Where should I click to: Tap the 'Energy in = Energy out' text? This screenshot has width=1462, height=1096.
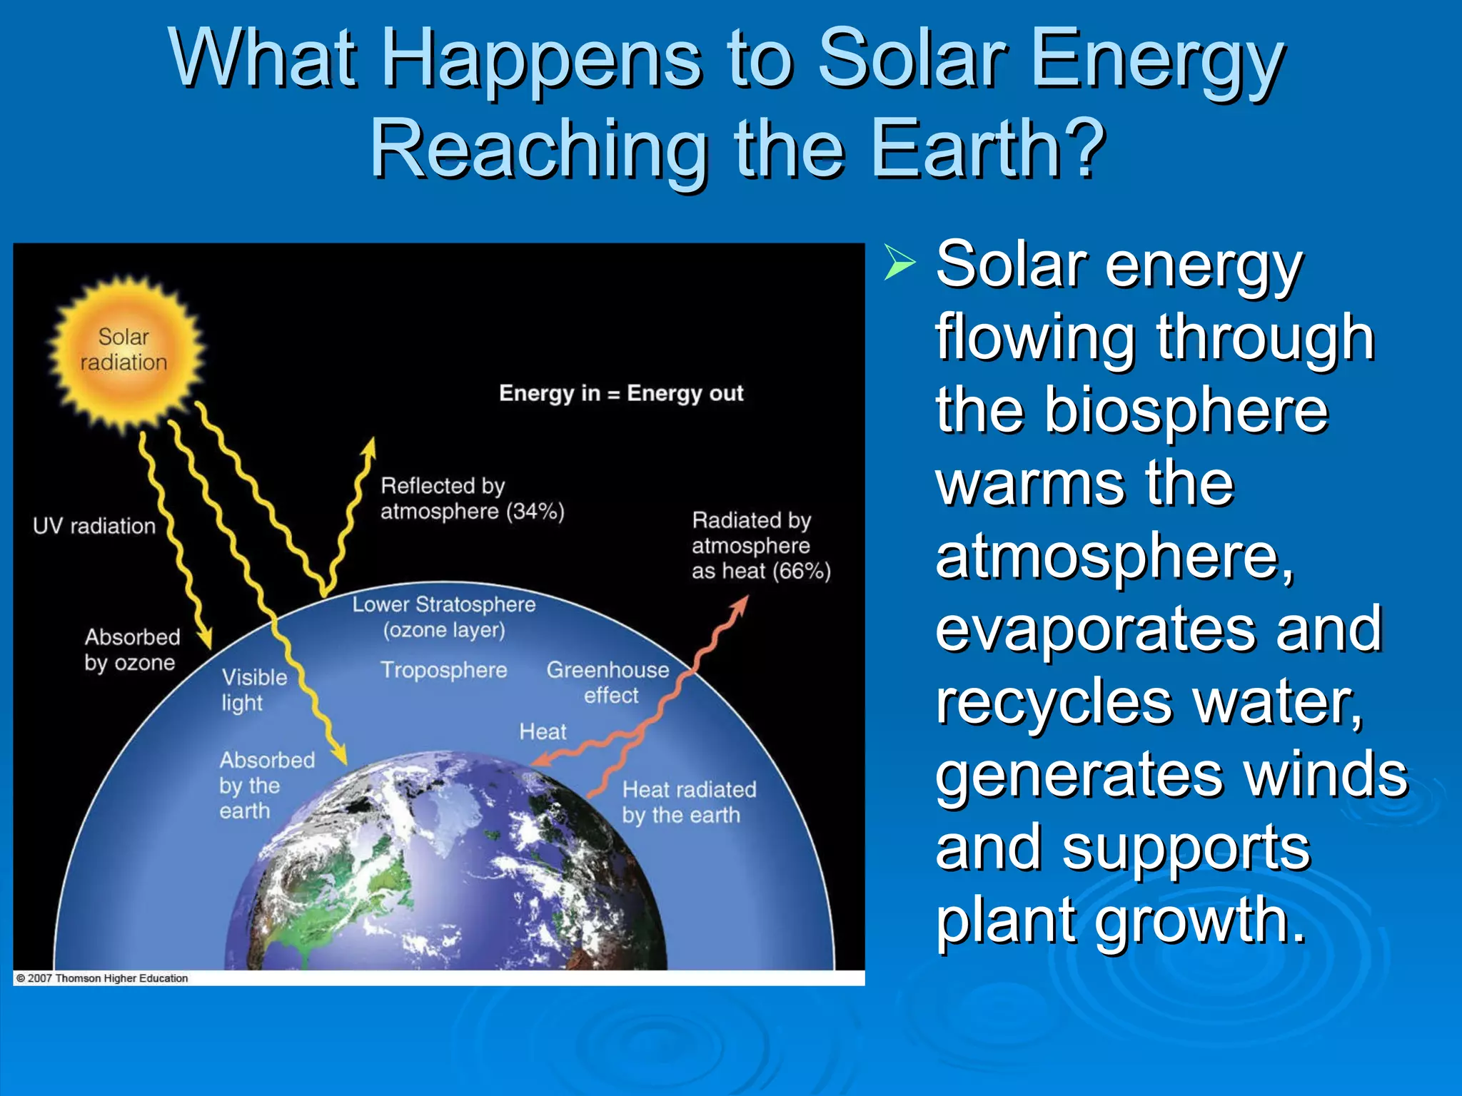tap(621, 393)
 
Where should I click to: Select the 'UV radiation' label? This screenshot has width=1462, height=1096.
tap(94, 527)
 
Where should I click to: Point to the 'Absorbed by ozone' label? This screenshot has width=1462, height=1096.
tap(131, 650)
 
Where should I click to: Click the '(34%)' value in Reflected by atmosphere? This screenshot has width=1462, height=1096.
tap(535, 512)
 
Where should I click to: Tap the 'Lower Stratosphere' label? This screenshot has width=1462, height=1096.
tap(443, 605)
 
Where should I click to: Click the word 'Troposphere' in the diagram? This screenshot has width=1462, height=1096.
tap(443, 670)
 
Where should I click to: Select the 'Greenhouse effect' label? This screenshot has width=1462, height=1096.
tap(608, 682)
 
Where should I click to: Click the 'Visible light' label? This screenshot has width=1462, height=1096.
tap(253, 690)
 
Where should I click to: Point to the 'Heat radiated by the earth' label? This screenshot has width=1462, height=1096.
tap(688, 803)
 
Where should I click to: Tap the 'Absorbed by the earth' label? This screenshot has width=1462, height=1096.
tap(266, 786)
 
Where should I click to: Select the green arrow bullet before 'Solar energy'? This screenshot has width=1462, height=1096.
tap(899, 263)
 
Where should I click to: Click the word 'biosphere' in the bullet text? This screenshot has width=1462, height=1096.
tap(1186, 411)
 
